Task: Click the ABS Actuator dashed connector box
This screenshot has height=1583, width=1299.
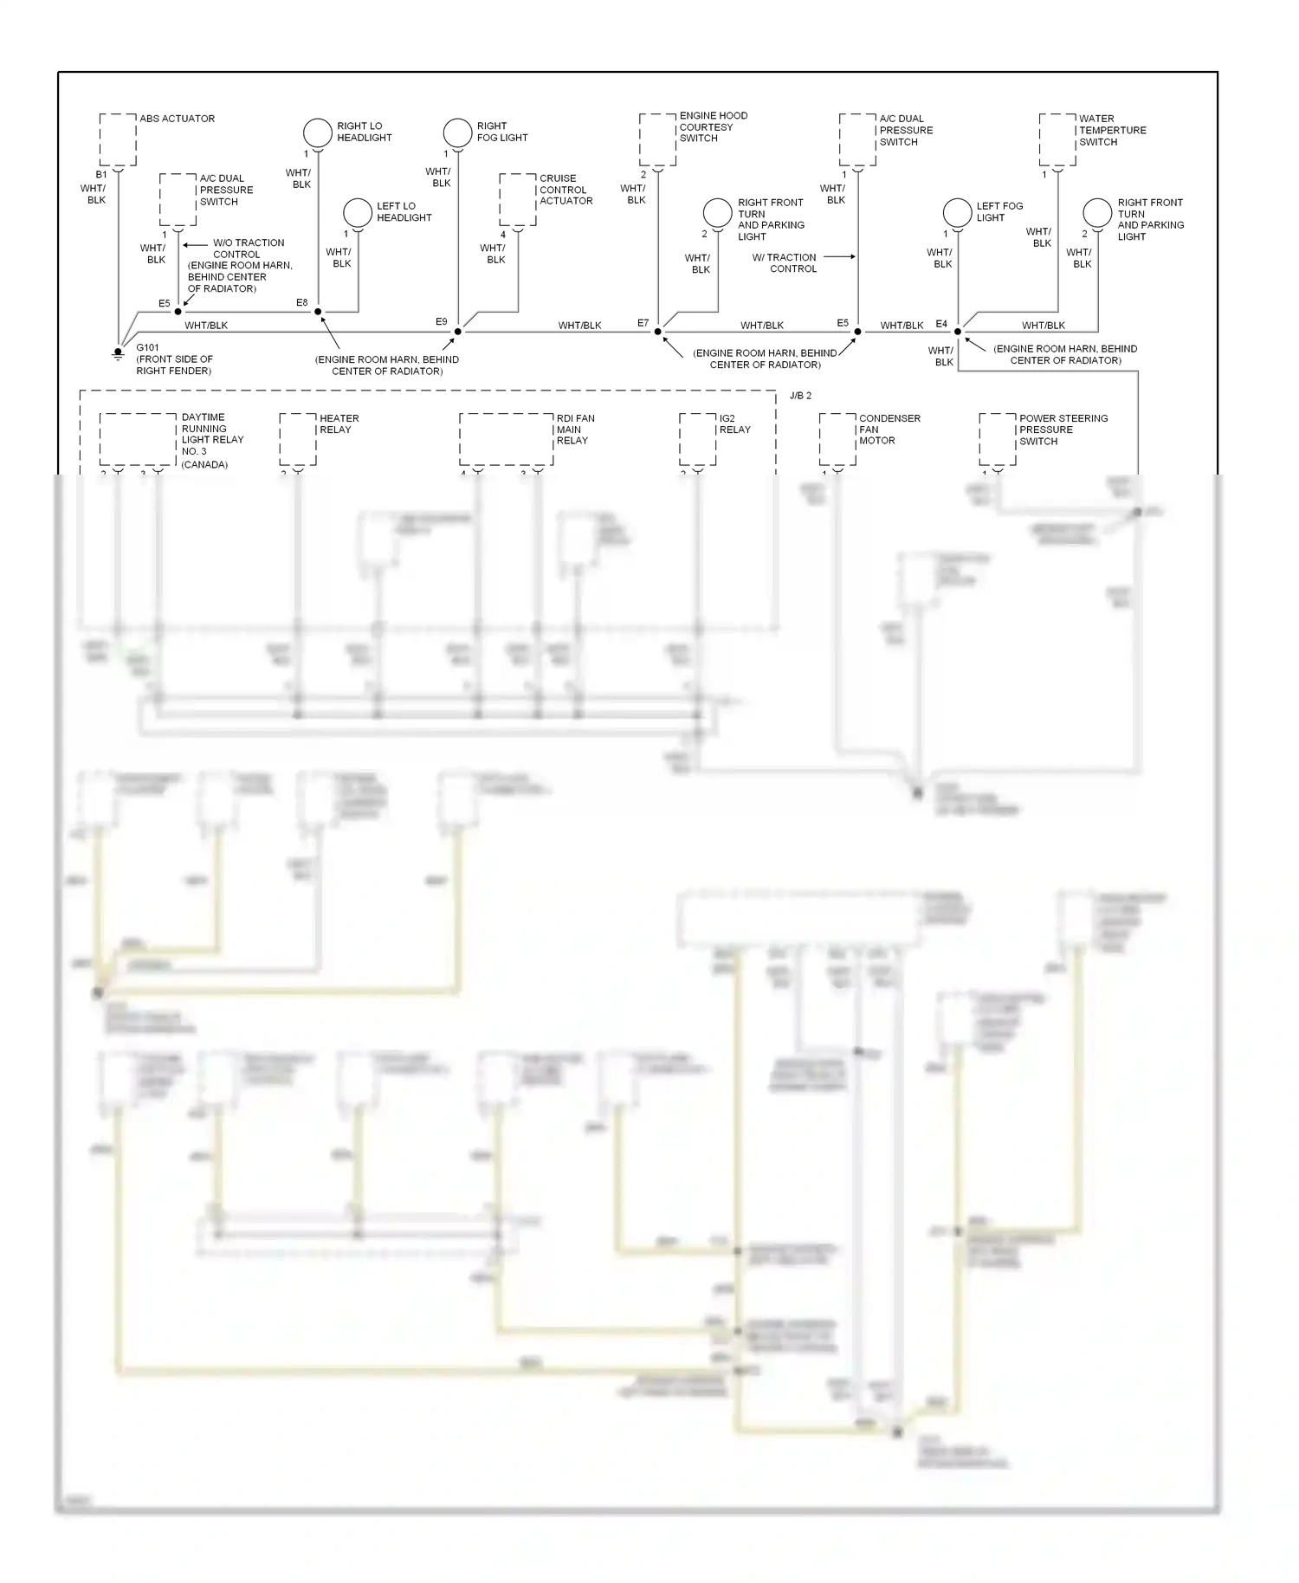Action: [118, 139]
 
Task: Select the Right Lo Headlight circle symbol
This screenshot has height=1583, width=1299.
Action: [318, 132]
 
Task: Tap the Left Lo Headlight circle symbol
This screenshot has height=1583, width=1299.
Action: [358, 212]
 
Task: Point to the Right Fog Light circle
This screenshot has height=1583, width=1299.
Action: [457, 132]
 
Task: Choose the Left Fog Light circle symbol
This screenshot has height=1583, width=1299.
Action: [957, 212]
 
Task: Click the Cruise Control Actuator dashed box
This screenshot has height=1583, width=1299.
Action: [518, 199]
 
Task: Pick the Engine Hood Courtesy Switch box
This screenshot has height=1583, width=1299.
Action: [657, 139]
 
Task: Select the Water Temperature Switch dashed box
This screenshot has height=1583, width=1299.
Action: [1057, 139]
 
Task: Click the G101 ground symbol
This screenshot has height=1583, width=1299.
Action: [119, 353]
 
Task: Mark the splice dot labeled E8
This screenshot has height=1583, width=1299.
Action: [318, 312]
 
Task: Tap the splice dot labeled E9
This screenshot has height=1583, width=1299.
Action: [458, 332]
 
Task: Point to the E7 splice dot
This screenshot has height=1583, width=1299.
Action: [658, 332]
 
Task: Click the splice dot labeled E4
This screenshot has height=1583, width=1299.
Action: [958, 332]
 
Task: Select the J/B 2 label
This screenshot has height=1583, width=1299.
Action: [801, 396]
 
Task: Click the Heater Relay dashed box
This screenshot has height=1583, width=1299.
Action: [298, 439]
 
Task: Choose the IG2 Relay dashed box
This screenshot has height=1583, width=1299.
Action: [697, 439]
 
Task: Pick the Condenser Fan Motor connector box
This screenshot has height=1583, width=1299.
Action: [837, 439]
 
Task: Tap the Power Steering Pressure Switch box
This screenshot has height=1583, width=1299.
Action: [997, 439]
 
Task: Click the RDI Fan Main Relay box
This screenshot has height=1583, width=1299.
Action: [506, 439]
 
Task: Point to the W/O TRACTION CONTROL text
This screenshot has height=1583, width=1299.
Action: [248, 249]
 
